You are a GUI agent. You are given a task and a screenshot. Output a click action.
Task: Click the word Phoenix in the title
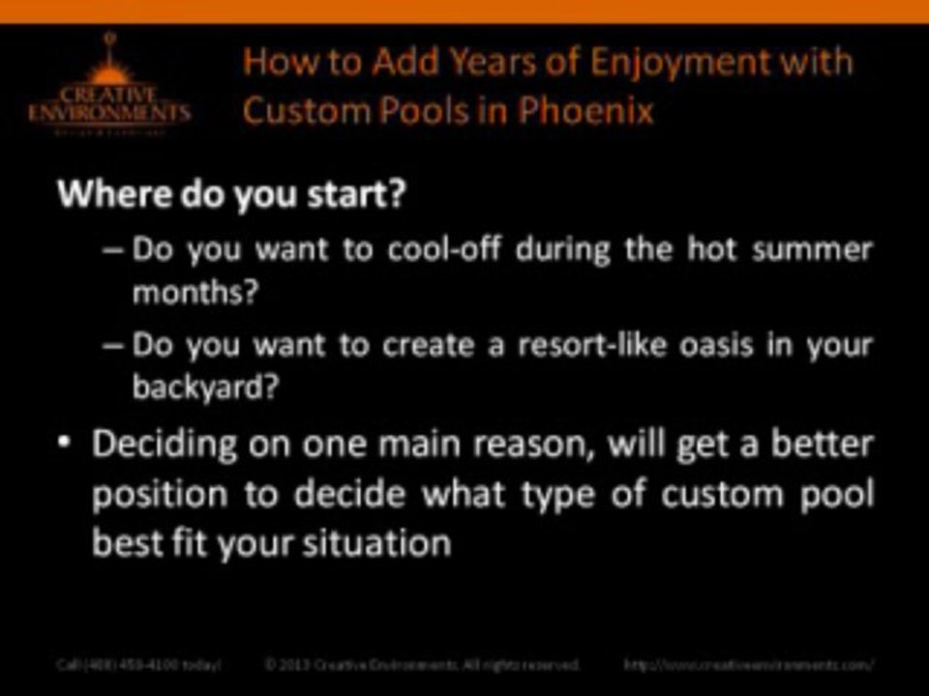[x=586, y=110]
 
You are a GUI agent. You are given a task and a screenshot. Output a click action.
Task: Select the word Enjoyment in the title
[x=666, y=62]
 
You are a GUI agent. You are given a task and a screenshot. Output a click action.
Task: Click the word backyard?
[x=206, y=388]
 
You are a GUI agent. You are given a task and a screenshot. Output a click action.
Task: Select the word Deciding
[x=165, y=446]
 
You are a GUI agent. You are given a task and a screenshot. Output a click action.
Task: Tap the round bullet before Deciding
[x=63, y=444]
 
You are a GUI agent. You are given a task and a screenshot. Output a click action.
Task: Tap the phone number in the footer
[x=137, y=665]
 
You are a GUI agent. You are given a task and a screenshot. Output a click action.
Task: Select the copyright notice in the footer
[x=422, y=665]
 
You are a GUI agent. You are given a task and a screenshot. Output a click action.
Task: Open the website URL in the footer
[x=750, y=665]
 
